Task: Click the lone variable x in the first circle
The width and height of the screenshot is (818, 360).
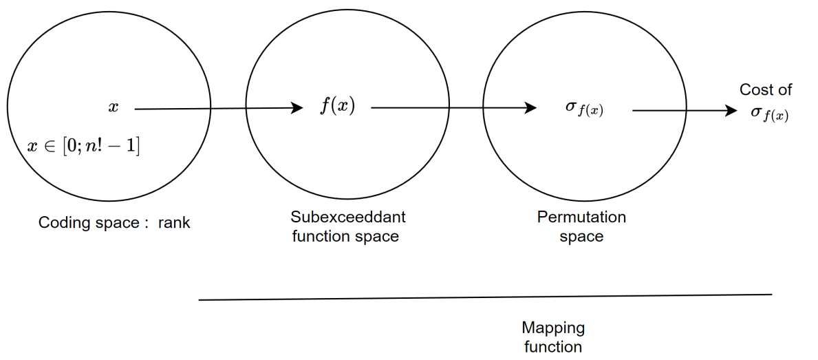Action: click(x=114, y=107)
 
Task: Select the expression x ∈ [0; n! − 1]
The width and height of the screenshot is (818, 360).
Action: click(x=83, y=147)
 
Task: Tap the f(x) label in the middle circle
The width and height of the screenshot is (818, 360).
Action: click(x=337, y=107)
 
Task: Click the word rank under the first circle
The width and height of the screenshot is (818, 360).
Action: click(x=175, y=222)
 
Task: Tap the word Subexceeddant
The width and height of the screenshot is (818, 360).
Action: click(x=348, y=218)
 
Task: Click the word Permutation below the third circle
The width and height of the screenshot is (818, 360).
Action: click(x=581, y=218)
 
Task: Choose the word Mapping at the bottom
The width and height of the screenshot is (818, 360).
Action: click(x=553, y=328)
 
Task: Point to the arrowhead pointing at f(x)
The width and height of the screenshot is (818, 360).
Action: click(x=297, y=107)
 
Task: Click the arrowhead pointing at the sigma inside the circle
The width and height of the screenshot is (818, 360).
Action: click(x=530, y=107)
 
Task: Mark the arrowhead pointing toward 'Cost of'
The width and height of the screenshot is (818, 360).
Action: click(x=732, y=109)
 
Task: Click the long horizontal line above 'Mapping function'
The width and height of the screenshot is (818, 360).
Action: click(x=485, y=297)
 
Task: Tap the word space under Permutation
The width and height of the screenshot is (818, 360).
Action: click(x=581, y=237)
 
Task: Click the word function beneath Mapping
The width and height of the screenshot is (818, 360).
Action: click(x=553, y=346)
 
